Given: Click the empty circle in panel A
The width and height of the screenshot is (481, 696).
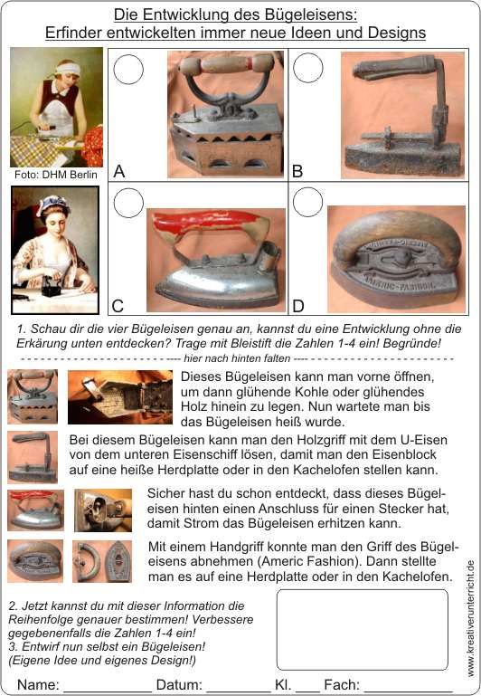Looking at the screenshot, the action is coord(128,70).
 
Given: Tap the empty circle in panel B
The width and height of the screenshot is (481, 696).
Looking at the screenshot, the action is coord(308,68).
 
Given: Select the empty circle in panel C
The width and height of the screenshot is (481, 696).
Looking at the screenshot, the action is coord(128,203).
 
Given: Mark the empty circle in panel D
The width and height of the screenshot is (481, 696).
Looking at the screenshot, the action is coord(308,202).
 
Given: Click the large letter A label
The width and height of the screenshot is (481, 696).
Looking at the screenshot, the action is coord(118,171).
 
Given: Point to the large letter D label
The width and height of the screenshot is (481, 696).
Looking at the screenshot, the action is coord(298,306).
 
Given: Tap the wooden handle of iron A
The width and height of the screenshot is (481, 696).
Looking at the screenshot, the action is coord(226,64).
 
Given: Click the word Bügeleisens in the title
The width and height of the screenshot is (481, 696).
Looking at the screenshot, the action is coord(311,14).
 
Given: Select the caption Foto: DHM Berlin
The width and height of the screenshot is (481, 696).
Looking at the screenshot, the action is coord(56,175).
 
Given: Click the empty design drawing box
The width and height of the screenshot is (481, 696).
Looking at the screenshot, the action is coord(363,629).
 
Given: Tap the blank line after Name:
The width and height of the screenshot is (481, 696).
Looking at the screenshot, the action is coord(108,691).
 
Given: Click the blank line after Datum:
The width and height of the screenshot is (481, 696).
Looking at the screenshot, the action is coord(238,691).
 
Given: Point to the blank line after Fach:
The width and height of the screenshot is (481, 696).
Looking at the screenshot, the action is coord(408,691).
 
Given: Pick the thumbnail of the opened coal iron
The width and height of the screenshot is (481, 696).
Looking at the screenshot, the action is coord(120,396).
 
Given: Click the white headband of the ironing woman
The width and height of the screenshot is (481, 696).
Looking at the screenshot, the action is coord(69,70).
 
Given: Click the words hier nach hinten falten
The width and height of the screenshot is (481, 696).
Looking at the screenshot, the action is coord(237,358).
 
